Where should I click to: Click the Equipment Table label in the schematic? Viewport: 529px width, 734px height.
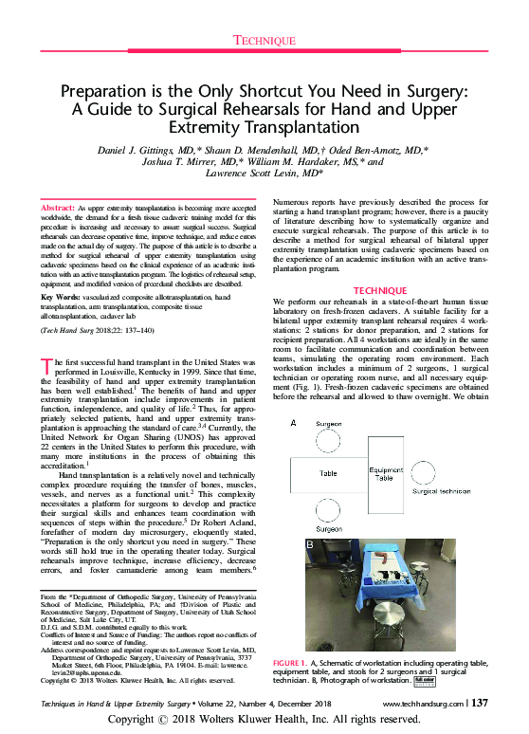[387, 475]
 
